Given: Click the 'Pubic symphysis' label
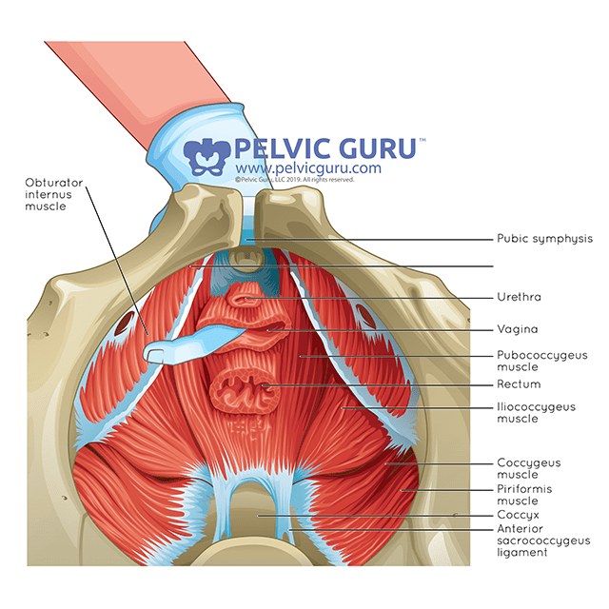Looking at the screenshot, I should [x=544, y=239].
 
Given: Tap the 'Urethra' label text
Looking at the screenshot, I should [x=519, y=297].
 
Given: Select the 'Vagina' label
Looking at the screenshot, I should [x=517, y=329].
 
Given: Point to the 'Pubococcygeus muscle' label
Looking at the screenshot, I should [x=542, y=361].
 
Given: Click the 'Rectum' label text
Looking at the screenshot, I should [x=518, y=384].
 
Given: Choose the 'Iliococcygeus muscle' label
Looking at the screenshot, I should [x=536, y=412].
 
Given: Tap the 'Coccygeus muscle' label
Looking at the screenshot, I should [x=528, y=468].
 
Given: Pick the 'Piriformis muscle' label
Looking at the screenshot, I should [x=524, y=494].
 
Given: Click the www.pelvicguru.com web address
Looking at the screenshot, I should [x=306, y=168].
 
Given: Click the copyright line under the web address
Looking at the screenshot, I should [x=294, y=179].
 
